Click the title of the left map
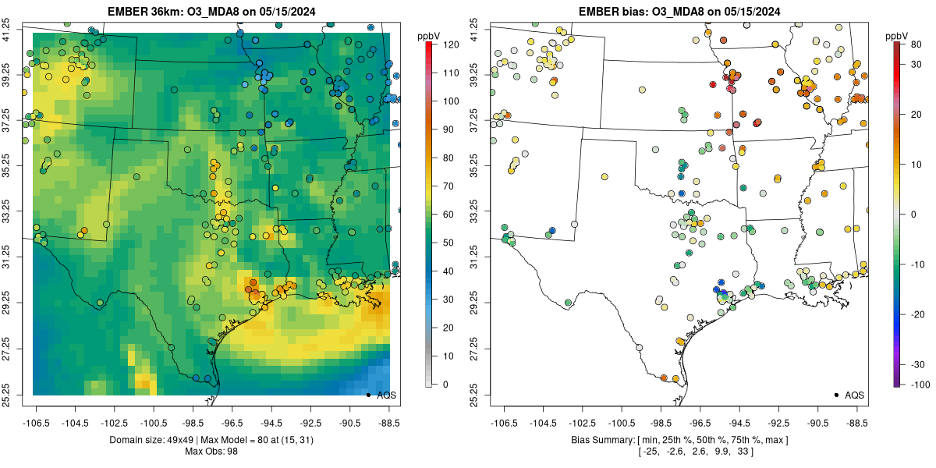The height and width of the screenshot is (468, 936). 211,12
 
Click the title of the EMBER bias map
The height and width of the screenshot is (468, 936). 679,12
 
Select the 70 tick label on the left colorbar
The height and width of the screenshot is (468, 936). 448,186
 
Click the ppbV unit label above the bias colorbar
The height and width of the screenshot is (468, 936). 897,36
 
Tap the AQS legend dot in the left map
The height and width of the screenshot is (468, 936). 367,395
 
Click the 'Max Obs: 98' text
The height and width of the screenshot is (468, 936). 211,452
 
